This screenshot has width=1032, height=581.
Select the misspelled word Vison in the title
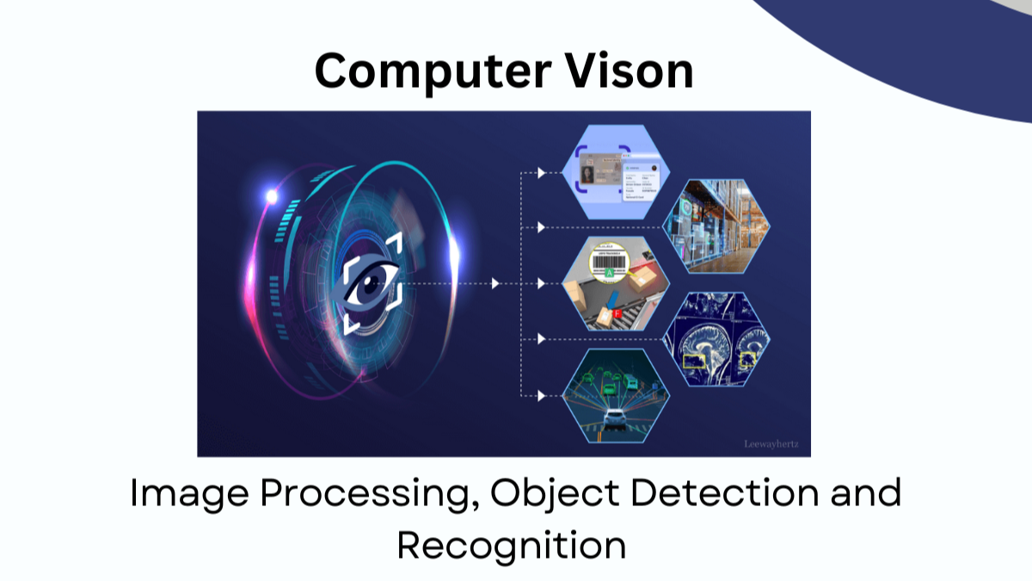637,71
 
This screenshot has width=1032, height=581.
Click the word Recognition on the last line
511,546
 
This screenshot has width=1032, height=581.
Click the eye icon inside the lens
372,285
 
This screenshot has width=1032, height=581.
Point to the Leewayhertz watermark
771,444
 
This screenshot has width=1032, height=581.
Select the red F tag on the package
617,314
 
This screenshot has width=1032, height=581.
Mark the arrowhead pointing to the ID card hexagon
541,173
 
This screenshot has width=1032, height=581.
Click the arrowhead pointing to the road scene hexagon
541,396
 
